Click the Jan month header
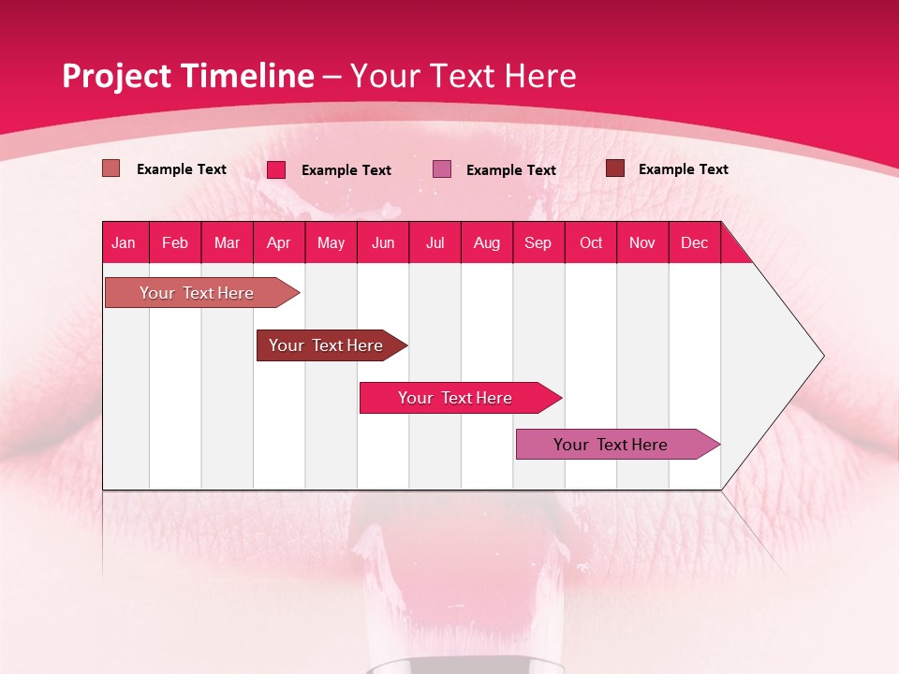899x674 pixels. (124, 242)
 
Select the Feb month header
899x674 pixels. (175, 242)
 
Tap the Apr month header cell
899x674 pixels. (278, 242)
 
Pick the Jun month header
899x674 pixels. (383, 242)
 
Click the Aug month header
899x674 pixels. (486, 242)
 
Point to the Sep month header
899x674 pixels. (538, 242)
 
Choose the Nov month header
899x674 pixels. (642, 242)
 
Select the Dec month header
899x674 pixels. (694, 242)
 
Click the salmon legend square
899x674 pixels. (111, 168)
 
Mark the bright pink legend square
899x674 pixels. (276, 169)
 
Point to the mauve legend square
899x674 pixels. (442, 169)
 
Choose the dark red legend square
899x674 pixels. (615, 168)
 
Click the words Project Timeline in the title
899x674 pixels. (187, 76)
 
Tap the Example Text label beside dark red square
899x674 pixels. (683, 169)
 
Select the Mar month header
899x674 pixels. (227, 242)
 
